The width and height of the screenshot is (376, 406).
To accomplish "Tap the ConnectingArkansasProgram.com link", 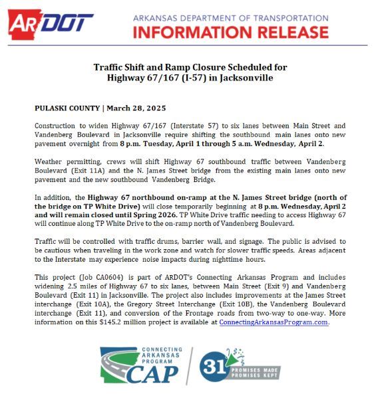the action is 274,322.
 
